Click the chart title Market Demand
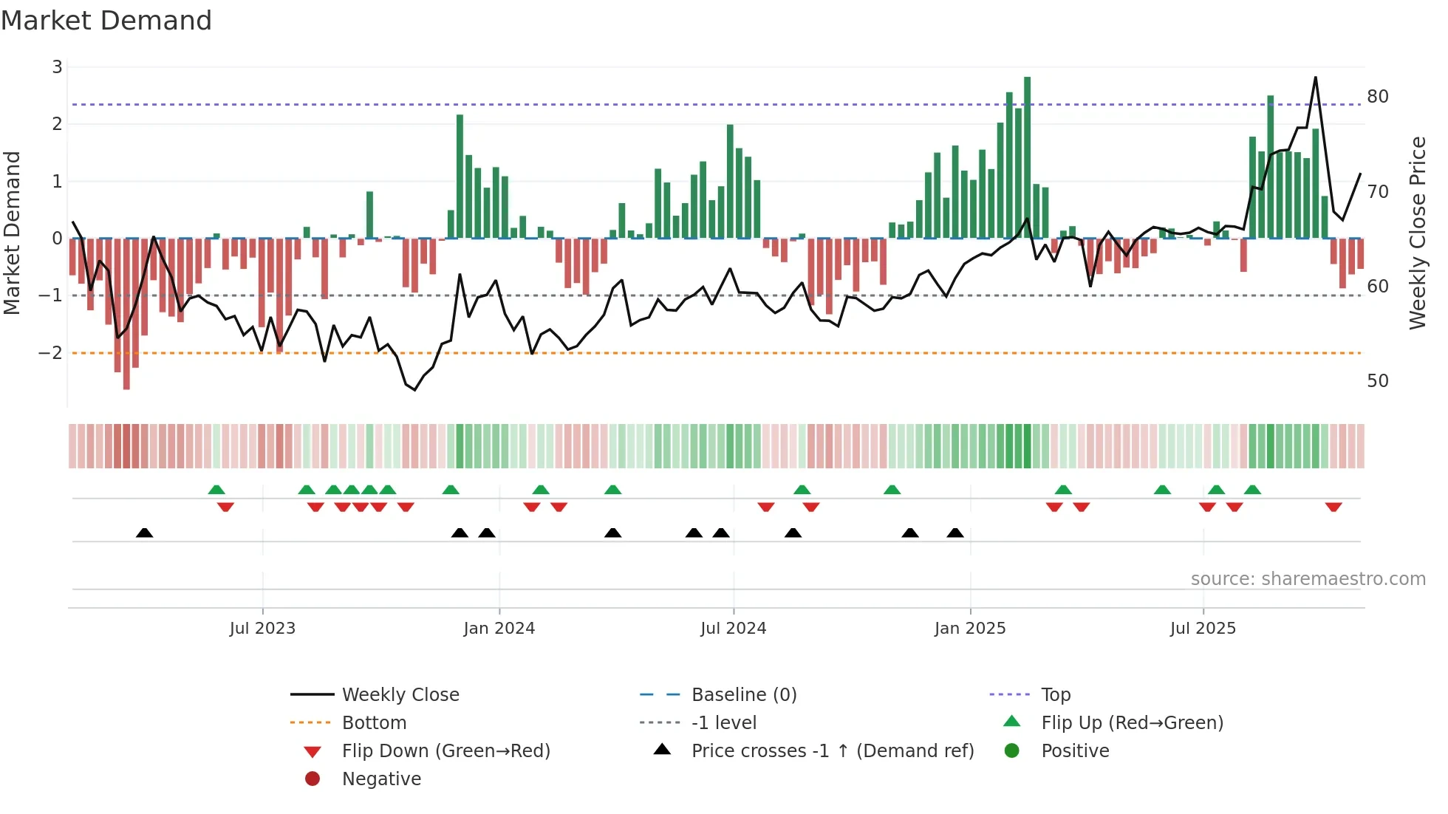pyautogui.click(x=106, y=21)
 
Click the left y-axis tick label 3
pyautogui.click(x=57, y=67)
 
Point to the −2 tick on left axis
pyautogui.click(x=51, y=353)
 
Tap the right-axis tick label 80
pyautogui.click(x=1377, y=97)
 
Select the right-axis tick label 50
pyautogui.click(x=1377, y=381)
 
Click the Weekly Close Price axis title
pyautogui.click(x=1417, y=233)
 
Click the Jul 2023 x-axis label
pyautogui.click(x=262, y=629)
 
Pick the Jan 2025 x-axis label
pyautogui.click(x=969, y=629)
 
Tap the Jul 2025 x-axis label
pyautogui.click(x=1202, y=629)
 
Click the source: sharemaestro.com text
pyautogui.click(x=1308, y=579)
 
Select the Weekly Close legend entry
pyautogui.click(x=400, y=695)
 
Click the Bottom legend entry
pyautogui.click(x=374, y=723)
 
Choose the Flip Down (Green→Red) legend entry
pyautogui.click(x=445, y=751)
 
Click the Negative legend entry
pyautogui.click(x=381, y=779)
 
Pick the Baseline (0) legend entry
pyautogui.click(x=743, y=695)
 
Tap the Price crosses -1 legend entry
pyautogui.click(x=832, y=751)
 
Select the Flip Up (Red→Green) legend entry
pyautogui.click(x=1132, y=723)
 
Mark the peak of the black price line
pyautogui.click(x=1316, y=78)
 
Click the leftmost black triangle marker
pyautogui.click(x=145, y=533)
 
